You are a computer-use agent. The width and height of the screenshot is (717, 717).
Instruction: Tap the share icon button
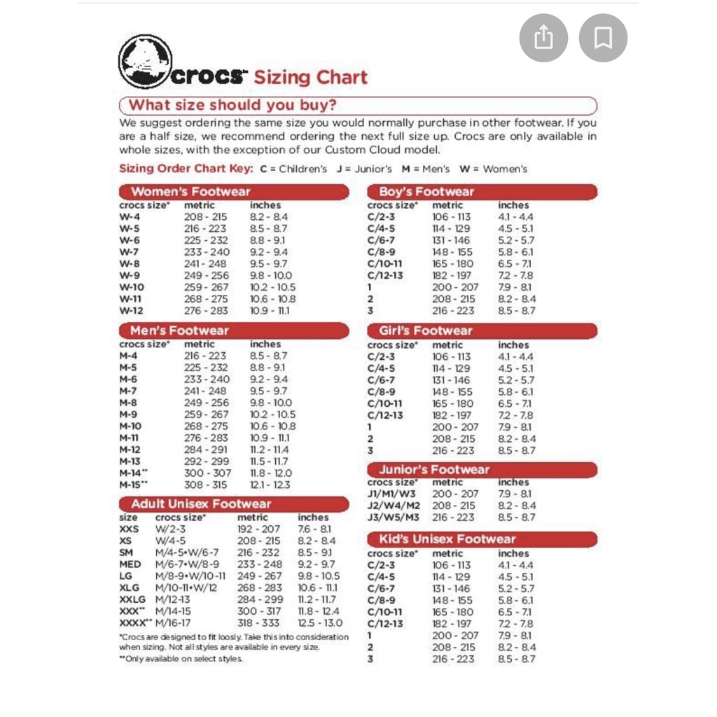[x=543, y=38]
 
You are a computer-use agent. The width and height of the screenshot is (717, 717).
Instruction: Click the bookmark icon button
[x=603, y=38]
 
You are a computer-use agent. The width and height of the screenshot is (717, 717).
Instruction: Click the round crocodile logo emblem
[x=145, y=62]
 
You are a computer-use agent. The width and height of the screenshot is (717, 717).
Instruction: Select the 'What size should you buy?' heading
[x=232, y=106]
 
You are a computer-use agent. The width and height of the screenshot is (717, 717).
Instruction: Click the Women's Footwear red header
[x=190, y=192]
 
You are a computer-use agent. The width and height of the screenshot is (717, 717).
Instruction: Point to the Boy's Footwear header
[x=426, y=192]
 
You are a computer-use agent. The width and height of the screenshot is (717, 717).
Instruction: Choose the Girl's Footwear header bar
[x=426, y=330]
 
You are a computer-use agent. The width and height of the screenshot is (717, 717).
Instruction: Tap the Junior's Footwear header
[x=434, y=470]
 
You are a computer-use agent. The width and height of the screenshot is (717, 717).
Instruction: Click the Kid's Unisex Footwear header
[x=447, y=539]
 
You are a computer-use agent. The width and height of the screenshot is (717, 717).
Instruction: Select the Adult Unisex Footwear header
[x=201, y=504]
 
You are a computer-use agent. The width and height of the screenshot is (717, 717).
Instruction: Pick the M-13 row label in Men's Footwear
[x=130, y=461]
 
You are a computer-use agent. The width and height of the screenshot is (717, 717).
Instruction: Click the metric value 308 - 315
[x=206, y=485]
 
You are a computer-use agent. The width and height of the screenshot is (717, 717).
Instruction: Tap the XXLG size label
[x=132, y=599]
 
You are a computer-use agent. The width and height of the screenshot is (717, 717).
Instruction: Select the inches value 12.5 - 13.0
[x=320, y=622]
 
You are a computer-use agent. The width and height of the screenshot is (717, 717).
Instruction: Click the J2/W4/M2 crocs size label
[x=394, y=506]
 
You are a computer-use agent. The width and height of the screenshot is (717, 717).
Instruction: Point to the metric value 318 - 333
[x=258, y=622]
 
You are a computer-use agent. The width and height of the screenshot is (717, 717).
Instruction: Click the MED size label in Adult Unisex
[x=130, y=564]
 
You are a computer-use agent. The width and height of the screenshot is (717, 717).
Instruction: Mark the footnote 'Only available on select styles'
[x=181, y=659]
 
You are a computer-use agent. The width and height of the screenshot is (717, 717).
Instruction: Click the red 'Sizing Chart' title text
[x=310, y=77]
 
